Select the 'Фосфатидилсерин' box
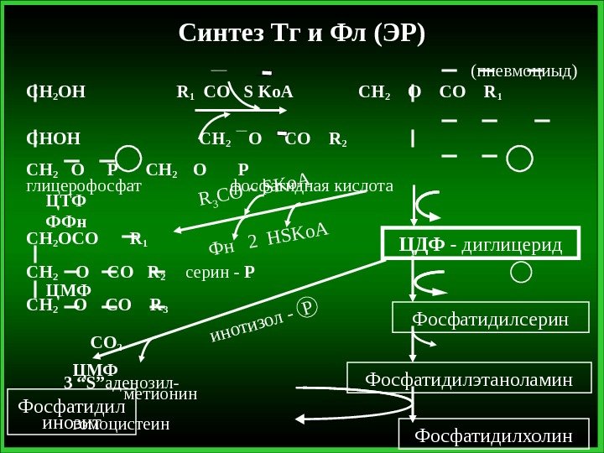coord(491,319)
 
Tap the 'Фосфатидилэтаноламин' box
coord(469,379)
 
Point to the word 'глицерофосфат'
coord(84,186)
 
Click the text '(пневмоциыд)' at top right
coord(523,71)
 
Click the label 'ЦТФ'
coord(66,202)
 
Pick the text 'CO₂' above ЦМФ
coord(106,343)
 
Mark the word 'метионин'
coord(160,393)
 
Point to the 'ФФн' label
coord(65,221)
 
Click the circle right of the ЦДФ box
coord(520,271)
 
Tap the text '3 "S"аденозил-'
coord(121,383)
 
